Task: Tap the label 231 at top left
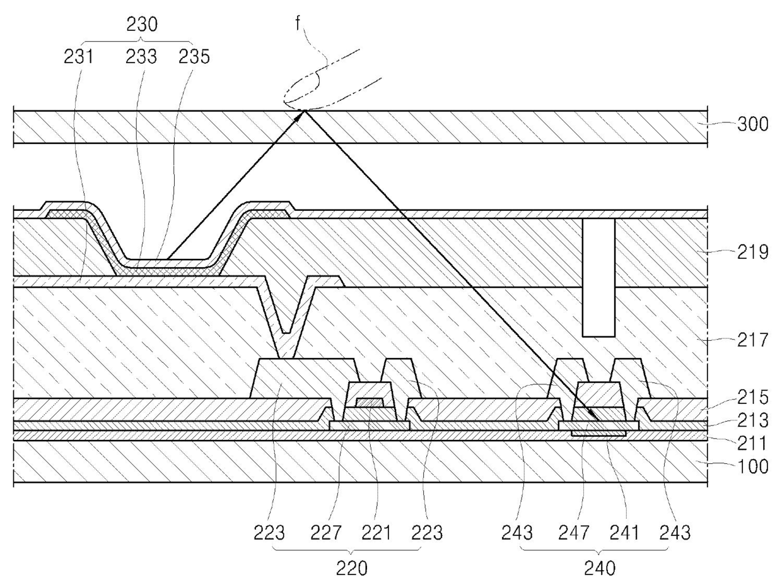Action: click(x=80, y=57)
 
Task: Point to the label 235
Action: click(x=194, y=57)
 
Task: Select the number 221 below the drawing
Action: click(x=376, y=533)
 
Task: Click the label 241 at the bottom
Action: click(x=624, y=533)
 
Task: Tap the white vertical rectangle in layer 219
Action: click(x=598, y=278)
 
